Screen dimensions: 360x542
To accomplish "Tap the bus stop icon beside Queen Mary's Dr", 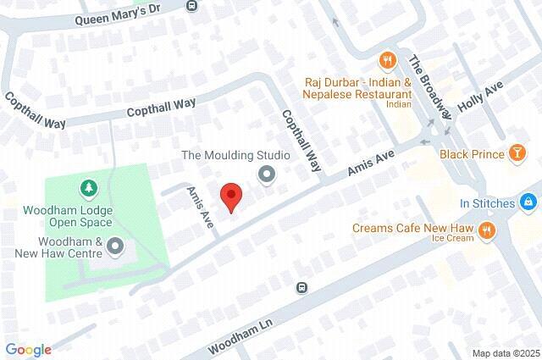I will [191, 5].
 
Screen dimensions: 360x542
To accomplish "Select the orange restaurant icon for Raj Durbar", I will [387, 59].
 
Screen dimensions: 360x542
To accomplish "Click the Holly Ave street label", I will [480, 97].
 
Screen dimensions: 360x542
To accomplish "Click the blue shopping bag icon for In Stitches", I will [528, 202].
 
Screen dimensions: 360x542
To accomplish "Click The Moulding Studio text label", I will [236, 155].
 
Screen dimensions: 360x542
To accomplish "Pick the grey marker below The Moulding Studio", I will [268, 175].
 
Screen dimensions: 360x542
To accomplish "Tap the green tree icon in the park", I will [86, 186].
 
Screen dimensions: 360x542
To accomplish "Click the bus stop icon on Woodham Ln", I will [301, 288].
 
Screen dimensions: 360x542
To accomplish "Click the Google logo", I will [28, 349].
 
